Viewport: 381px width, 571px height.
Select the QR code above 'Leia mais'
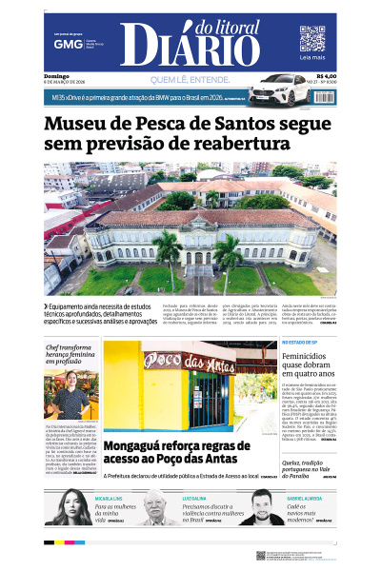pos(312,38)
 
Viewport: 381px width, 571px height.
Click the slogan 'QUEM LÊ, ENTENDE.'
pos(190,79)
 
